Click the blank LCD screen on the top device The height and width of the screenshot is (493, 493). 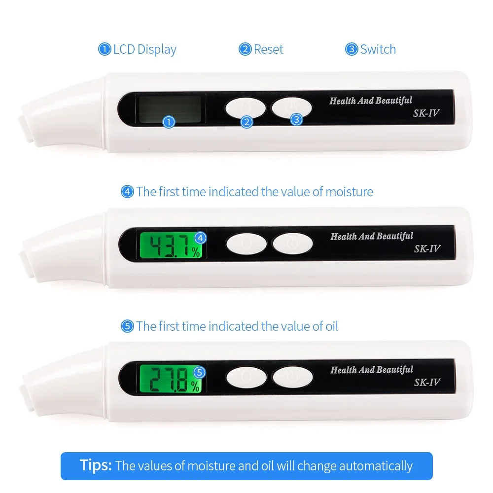(170, 108)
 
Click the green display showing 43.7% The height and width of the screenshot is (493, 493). (172, 245)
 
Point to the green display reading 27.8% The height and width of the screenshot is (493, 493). (172, 378)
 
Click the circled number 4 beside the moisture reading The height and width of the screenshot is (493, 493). (200, 238)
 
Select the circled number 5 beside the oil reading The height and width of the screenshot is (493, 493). (200, 372)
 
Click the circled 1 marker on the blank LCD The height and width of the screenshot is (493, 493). (169, 122)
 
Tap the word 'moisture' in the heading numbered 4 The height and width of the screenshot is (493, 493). (349, 191)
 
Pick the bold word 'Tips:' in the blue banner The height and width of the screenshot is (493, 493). (96, 465)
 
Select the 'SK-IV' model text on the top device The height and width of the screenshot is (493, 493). (426, 113)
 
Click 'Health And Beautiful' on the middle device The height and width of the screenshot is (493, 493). (371, 236)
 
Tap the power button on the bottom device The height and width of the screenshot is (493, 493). (293, 378)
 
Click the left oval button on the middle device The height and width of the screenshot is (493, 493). (246, 243)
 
